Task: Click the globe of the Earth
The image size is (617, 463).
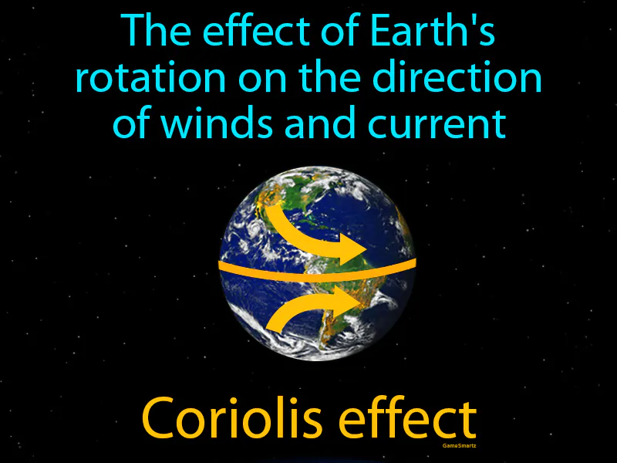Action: [x=317, y=262]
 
